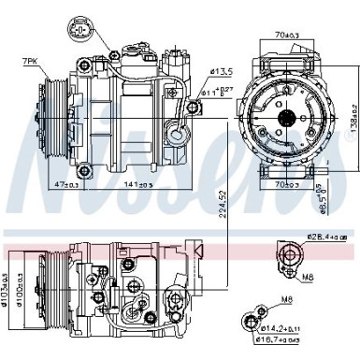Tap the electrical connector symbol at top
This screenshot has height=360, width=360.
(82, 30)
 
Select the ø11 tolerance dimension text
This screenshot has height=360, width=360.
(220, 93)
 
